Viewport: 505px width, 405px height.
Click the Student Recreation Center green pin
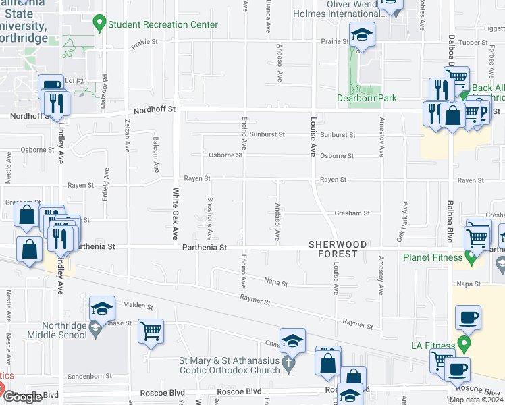100,24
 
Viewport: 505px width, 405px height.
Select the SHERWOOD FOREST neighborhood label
338,248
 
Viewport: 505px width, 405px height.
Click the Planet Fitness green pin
471,257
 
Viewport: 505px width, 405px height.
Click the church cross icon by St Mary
288,365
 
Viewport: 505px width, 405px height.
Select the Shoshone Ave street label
210,219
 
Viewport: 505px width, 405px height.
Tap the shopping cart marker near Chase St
151,331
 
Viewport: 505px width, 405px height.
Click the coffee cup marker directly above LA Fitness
467,317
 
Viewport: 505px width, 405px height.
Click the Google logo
22,397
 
